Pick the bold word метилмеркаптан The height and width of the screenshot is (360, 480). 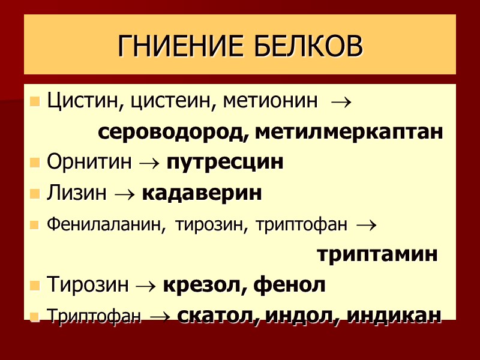[x=349, y=132]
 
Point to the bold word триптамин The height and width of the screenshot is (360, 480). [x=377, y=254]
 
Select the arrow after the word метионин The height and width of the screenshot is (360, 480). [x=341, y=102]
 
